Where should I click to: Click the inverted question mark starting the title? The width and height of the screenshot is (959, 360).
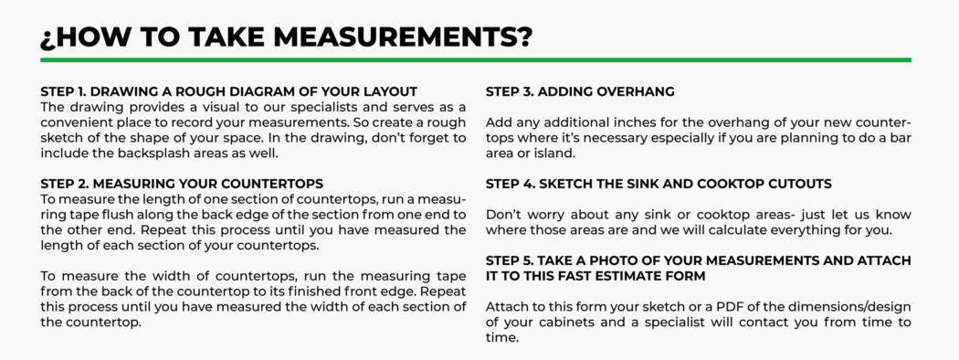tap(47, 38)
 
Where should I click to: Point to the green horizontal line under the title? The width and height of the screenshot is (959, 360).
tap(476, 60)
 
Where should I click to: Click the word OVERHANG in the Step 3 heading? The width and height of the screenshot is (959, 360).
tap(638, 92)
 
